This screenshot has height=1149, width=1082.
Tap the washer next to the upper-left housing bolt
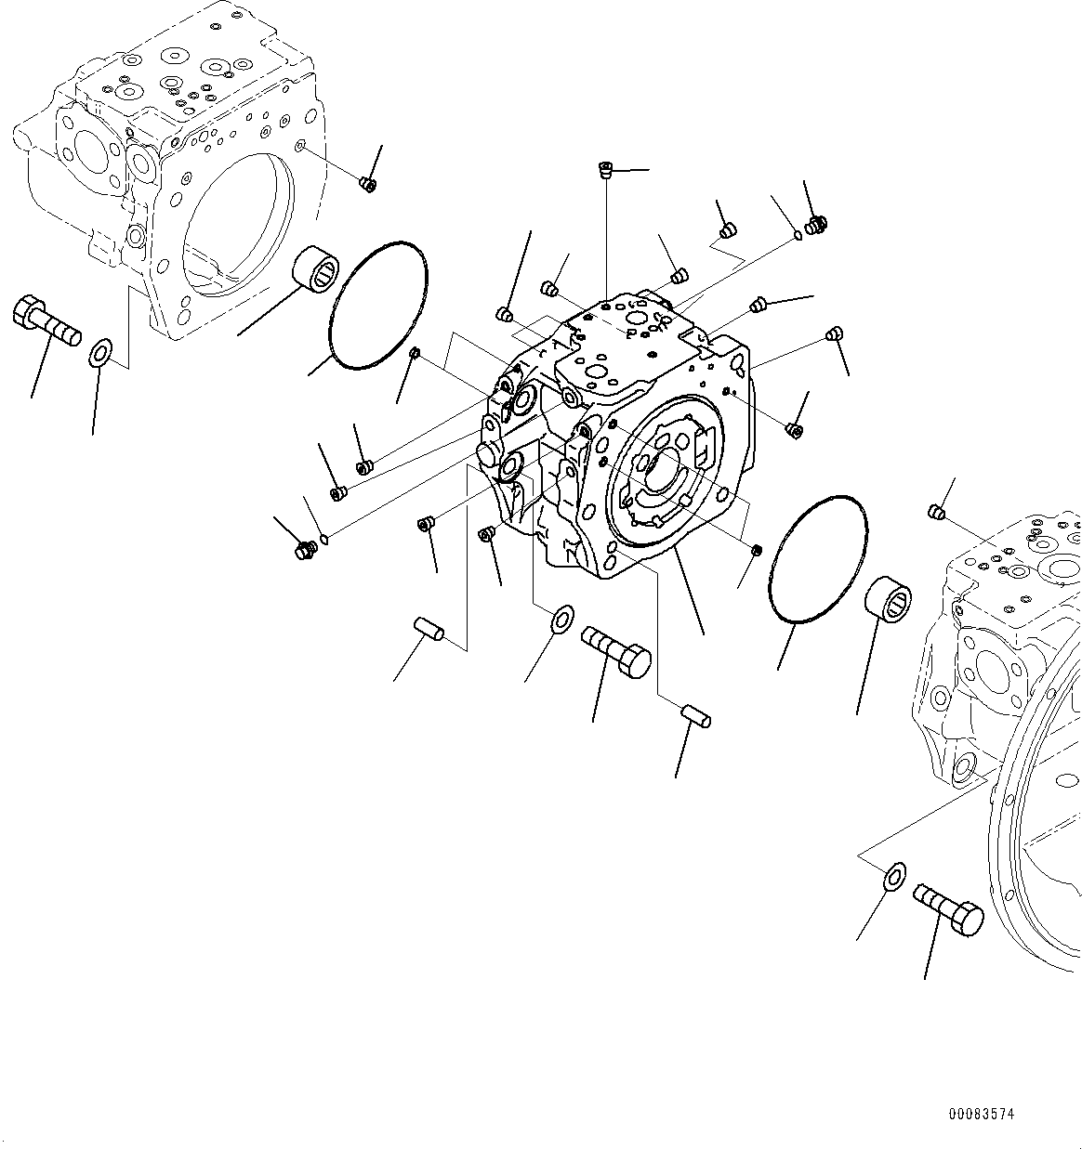pos(99,354)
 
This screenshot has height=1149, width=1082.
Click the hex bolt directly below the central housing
pos(616,650)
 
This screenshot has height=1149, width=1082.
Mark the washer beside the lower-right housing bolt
pos(894,875)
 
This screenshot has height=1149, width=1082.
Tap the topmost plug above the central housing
pos(605,170)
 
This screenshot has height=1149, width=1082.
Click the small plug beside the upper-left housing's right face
pos(367,184)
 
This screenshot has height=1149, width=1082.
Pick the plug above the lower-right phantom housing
pos(937,512)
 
